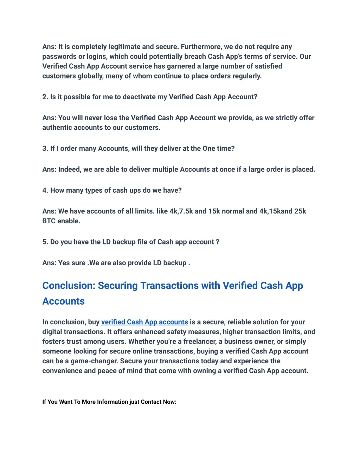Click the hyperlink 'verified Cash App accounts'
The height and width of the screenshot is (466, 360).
coord(144,322)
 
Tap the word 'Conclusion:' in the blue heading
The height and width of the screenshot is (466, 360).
coord(69,286)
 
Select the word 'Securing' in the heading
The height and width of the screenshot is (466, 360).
coord(118,286)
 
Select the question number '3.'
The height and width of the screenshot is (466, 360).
coord(45,148)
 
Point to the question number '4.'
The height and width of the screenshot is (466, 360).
coord(45,190)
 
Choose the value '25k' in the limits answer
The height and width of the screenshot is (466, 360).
coord(300,211)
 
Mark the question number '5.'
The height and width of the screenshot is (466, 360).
coord(45,242)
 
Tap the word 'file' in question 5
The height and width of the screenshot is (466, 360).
coord(142,242)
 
